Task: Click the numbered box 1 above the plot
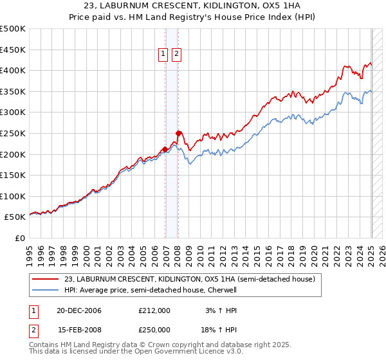tap(163, 55)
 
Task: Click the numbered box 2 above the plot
tap(176, 55)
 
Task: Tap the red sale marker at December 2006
tap(165, 149)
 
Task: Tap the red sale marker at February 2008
tap(178, 133)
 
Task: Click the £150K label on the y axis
tap(14, 175)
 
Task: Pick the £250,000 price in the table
tap(154, 330)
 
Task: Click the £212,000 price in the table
tap(154, 310)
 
